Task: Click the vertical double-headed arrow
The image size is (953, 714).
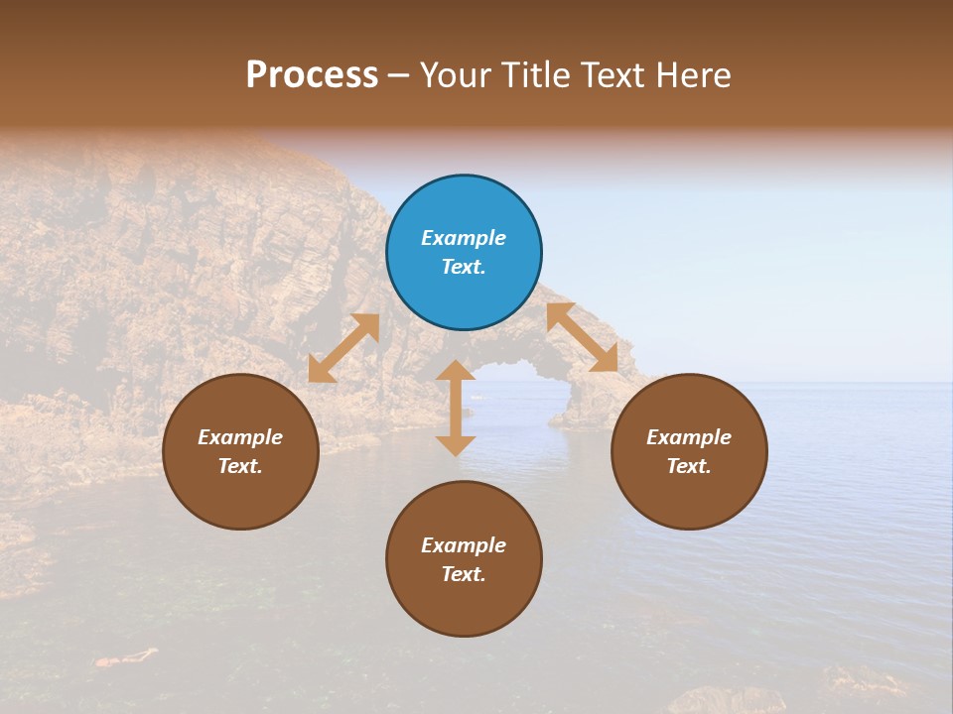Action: click(456, 408)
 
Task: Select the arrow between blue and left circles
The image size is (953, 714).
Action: click(343, 348)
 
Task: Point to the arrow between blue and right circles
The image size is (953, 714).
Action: click(582, 337)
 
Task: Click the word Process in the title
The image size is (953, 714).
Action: click(312, 74)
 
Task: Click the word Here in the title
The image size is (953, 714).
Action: click(692, 74)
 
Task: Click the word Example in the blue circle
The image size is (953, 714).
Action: click(464, 238)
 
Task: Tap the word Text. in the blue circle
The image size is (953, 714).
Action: click(464, 267)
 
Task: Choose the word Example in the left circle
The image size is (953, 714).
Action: click(240, 437)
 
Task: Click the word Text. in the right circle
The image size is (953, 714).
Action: click(689, 466)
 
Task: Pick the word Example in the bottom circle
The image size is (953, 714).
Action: click(464, 545)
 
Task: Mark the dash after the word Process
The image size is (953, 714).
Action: click(398, 75)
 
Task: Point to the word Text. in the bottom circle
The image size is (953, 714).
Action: click(464, 574)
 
